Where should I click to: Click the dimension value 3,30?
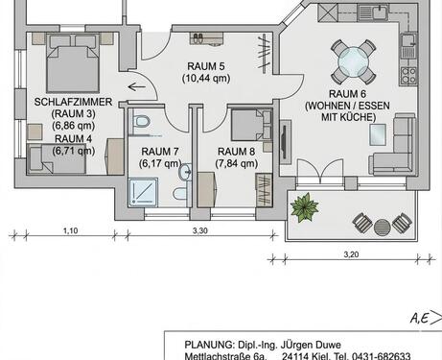tap(199, 231)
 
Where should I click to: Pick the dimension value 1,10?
tap(69, 231)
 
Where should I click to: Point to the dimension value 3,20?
tap(351, 255)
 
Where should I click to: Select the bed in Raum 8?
tap(251, 124)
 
